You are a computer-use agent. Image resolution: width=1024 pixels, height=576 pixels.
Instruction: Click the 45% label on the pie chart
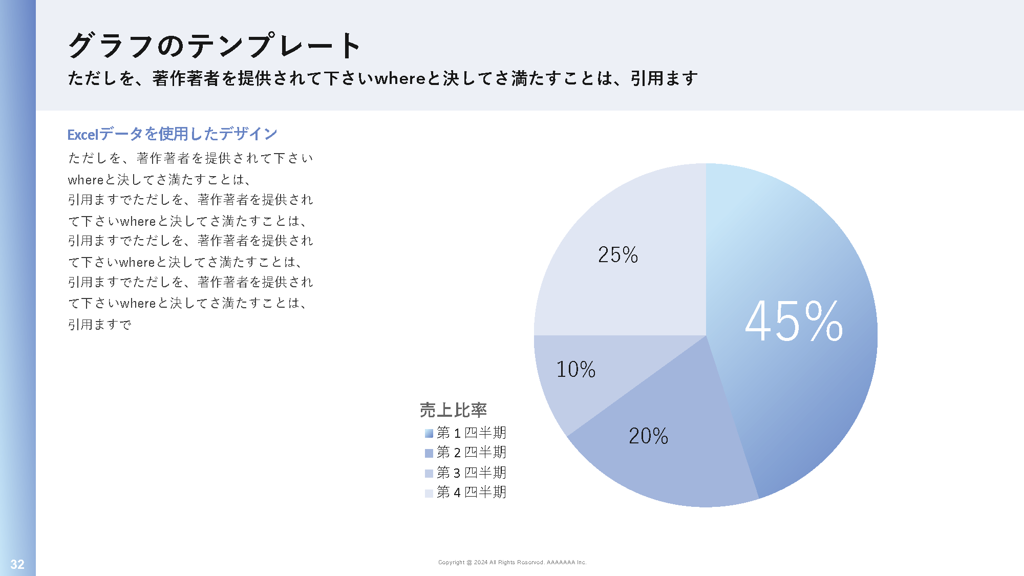[794, 322]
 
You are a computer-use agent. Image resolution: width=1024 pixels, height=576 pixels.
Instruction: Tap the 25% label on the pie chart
[618, 255]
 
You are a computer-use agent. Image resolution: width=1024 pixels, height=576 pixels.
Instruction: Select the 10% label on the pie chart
[575, 370]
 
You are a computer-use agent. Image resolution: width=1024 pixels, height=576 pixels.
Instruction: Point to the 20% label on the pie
[648, 436]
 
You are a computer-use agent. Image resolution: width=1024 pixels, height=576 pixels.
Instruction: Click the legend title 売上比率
[453, 410]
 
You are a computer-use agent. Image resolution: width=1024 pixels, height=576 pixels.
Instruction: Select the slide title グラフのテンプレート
[215, 46]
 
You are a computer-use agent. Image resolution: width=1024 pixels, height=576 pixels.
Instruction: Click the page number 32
[17, 564]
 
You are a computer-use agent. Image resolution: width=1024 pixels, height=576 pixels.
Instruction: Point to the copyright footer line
[512, 562]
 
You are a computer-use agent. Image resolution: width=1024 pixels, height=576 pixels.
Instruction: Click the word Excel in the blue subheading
[82, 135]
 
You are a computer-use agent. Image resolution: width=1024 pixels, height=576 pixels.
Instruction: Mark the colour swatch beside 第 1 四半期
[429, 434]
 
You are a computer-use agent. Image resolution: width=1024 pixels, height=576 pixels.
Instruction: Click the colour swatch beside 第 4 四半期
[429, 493]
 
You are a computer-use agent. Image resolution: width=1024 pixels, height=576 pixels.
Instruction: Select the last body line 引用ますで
[100, 325]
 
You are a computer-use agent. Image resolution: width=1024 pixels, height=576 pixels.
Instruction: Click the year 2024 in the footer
[481, 562]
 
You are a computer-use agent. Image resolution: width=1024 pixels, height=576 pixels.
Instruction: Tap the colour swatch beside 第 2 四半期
[429, 453]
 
